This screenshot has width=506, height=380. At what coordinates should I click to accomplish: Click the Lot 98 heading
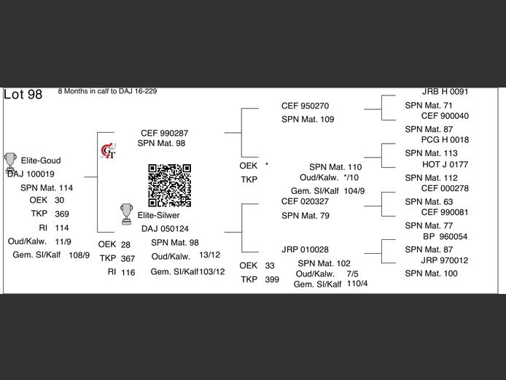(23, 95)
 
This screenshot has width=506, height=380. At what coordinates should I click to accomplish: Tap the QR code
(170, 185)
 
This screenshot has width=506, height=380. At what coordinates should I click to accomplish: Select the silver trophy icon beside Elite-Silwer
(126, 214)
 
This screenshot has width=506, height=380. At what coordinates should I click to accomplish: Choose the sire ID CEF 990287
(163, 133)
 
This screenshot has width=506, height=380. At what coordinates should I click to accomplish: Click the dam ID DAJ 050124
(165, 229)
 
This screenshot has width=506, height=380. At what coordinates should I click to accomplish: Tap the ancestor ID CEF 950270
(305, 106)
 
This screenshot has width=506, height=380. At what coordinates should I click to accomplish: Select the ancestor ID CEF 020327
(305, 201)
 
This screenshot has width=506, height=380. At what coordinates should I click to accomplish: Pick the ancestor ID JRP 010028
(305, 249)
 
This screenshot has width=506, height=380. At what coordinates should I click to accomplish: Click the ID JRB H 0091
(445, 92)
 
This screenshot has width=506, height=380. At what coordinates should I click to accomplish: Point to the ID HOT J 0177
(445, 165)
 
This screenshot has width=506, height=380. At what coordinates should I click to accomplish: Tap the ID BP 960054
(445, 236)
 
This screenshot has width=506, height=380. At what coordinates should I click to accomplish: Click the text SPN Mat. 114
(47, 187)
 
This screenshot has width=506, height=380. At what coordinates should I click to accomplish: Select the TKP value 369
(62, 214)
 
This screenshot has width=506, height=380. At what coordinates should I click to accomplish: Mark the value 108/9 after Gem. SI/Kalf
(79, 255)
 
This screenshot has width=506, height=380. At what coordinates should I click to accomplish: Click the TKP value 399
(273, 279)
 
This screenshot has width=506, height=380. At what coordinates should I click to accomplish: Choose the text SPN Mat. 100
(431, 274)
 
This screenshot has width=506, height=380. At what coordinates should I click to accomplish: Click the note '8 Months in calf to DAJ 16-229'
(107, 91)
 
